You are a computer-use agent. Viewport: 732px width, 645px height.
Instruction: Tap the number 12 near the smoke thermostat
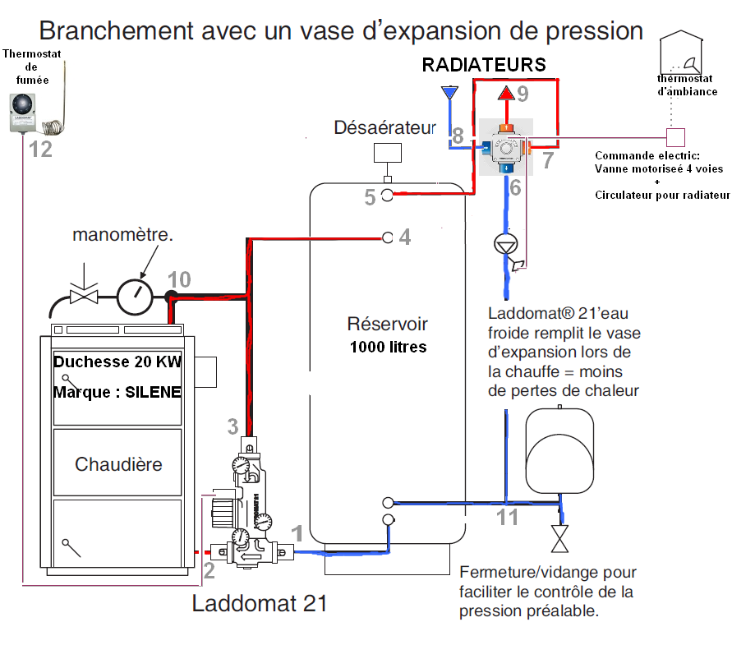(40, 149)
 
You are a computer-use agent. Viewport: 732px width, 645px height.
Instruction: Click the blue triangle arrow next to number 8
(449, 92)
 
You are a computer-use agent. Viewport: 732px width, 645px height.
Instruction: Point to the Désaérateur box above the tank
(387, 153)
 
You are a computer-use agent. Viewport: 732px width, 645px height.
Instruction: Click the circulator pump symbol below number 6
(506, 244)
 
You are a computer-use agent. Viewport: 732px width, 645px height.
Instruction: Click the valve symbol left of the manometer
(85, 295)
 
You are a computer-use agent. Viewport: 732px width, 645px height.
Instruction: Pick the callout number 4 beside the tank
(404, 237)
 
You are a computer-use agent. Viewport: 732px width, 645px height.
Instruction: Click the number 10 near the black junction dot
(179, 279)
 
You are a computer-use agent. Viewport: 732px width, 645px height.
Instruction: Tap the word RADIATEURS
(484, 65)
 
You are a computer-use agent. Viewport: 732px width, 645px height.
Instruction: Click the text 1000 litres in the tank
(388, 347)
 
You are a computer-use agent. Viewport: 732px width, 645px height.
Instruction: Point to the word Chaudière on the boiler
(118, 464)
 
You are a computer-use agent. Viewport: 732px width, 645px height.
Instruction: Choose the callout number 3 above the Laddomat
(233, 426)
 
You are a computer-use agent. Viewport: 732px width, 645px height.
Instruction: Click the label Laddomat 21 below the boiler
(260, 604)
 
